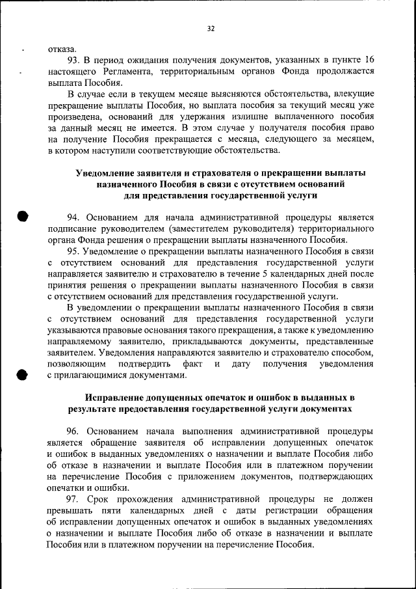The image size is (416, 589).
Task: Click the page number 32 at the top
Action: (x=211, y=28)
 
